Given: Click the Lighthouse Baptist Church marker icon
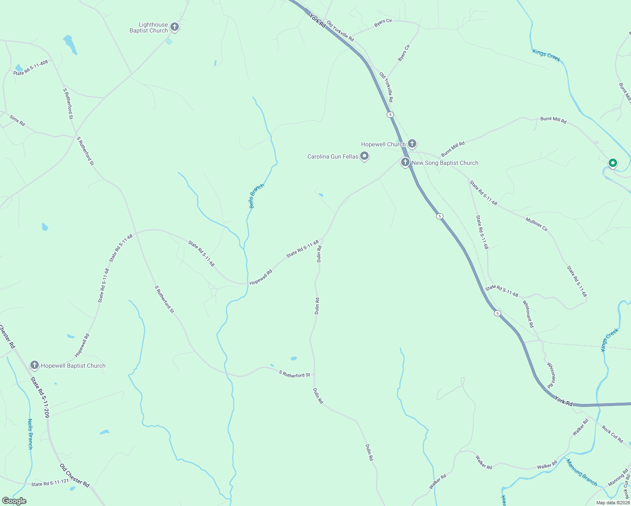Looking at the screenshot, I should click(174, 27).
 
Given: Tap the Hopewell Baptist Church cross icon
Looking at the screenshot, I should click(35, 365).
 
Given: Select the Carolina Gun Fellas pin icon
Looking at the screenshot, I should click(365, 156).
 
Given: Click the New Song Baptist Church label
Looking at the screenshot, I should click(445, 163).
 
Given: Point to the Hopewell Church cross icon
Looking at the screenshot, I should click(412, 144).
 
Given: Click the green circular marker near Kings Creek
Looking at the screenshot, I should click(612, 163).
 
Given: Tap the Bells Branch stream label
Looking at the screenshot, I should click(256, 196).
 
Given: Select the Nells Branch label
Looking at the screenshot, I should click(30, 434).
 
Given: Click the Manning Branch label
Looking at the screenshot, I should click(582, 472).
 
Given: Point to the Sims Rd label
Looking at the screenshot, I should click(17, 121).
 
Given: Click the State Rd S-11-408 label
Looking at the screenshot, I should click(30, 67).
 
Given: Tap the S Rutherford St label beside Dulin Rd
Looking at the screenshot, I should click(294, 374).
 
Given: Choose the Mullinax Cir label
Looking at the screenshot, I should click(537, 224).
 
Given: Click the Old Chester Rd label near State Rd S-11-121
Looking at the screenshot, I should click(75, 476).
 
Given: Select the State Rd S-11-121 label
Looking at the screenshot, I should click(50, 483).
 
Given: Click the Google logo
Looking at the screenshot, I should click(14, 501).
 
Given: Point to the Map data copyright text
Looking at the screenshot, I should click(612, 503).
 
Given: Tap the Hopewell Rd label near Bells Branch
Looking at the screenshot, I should click(261, 277).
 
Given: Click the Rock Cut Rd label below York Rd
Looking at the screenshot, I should click(612, 434).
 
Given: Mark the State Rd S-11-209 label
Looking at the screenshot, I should click(40, 397).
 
